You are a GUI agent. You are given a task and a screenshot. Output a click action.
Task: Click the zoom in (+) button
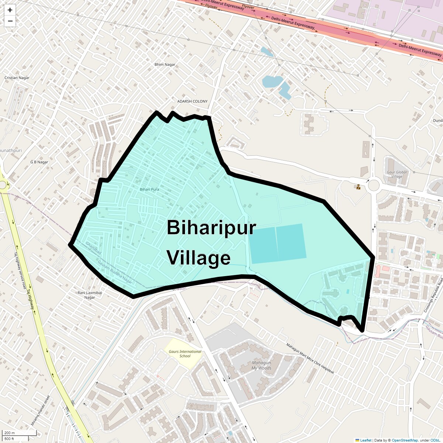click(10, 10)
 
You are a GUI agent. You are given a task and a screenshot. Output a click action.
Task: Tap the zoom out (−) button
click(10, 21)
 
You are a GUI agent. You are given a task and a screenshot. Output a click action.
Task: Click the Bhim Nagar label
click(165, 65)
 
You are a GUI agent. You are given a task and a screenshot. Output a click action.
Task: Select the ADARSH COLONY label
click(192, 101)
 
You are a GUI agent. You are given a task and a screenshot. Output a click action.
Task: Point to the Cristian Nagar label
click(17, 78)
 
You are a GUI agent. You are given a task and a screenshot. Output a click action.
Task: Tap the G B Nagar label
click(39, 162)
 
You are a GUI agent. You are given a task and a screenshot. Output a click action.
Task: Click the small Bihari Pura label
click(150, 189)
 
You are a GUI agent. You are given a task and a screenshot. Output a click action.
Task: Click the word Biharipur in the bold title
click(211, 227)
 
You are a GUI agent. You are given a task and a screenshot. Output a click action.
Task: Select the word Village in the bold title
click(199, 258)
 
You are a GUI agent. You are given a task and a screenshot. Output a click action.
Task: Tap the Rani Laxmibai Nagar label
click(90, 295)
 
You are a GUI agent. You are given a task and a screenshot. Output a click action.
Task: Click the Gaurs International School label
click(185, 354)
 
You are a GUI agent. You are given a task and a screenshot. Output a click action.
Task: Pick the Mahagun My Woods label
click(261, 365)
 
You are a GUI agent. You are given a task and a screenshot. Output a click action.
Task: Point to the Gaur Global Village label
click(397, 174)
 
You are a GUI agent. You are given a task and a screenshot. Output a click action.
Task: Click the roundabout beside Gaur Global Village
click(374, 185)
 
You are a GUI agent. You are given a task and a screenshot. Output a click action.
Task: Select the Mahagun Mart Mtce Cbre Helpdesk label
click(310, 358)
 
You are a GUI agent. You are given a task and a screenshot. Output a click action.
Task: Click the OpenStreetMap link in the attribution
click(405, 440)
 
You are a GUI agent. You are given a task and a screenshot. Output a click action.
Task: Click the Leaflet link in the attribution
click(365, 440)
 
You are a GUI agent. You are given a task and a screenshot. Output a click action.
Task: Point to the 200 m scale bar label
click(10, 433)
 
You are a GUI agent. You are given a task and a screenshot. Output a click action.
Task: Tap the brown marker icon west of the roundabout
click(358, 187)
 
